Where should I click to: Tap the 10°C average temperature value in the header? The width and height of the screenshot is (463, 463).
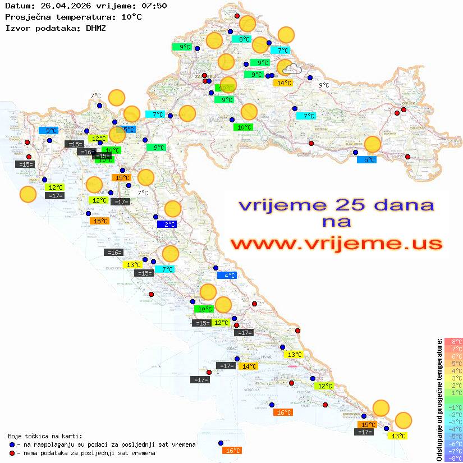[131, 17]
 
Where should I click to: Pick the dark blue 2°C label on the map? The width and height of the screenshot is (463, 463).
[167, 224]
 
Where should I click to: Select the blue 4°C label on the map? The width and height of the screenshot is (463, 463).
[227, 275]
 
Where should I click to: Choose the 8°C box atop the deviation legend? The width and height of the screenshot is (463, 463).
[453, 341]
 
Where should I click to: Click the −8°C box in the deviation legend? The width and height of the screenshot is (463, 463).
[453, 458]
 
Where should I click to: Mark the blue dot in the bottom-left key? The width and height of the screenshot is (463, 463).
[12, 444]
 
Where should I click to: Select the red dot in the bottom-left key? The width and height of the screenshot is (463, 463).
[12, 452]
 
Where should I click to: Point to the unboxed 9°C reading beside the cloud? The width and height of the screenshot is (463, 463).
[324, 85]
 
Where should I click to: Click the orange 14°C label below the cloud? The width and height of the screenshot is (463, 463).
[283, 83]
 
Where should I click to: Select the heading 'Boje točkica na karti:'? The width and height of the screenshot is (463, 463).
[45, 436]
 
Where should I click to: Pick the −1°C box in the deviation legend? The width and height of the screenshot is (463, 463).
[453, 407]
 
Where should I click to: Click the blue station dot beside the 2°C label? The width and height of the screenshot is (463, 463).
[155, 217]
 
